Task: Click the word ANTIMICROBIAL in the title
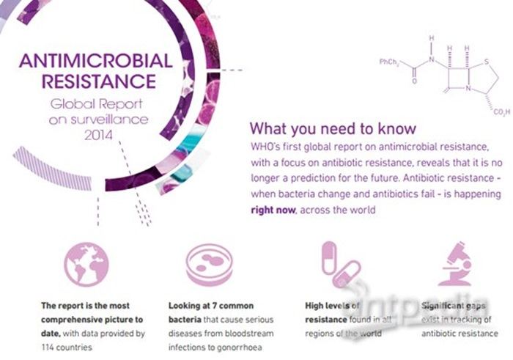point(95,61)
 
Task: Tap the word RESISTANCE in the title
point(99,81)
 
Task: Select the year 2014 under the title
point(98,135)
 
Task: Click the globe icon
point(86,264)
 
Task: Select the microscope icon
point(456,264)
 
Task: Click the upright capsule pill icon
point(329,258)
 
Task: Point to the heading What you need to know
point(333,128)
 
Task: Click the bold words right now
point(273,210)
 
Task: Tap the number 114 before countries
point(48,348)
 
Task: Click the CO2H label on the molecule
point(501,112)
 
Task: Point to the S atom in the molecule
point(487,62)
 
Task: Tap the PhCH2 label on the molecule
point(389,62)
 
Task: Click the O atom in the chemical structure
point(414,81)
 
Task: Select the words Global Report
point(96,104)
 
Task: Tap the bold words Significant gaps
point(453,306)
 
